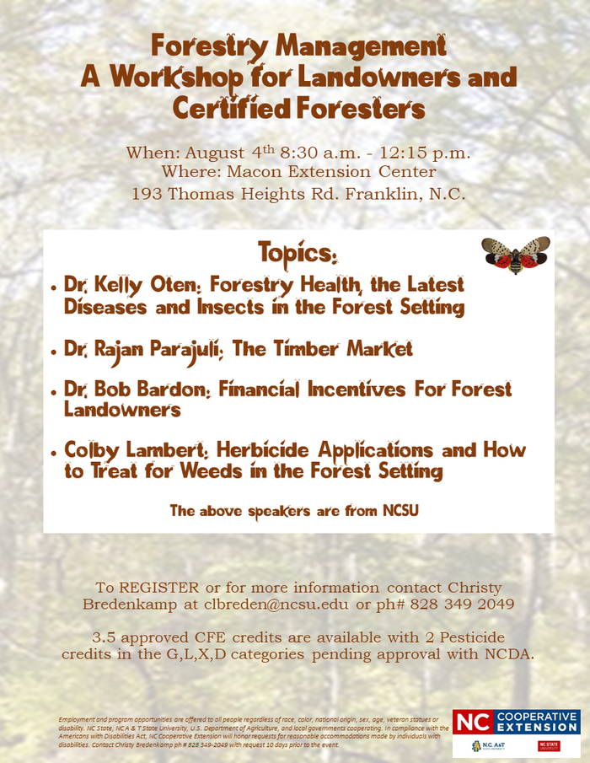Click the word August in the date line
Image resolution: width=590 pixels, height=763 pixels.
(214, 153)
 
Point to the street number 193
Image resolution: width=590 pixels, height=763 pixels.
(147, 193)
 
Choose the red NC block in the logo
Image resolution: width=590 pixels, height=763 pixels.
(472, 722)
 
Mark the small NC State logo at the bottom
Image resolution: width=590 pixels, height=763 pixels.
(549, 745)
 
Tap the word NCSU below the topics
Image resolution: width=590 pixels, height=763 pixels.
(400, 510)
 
